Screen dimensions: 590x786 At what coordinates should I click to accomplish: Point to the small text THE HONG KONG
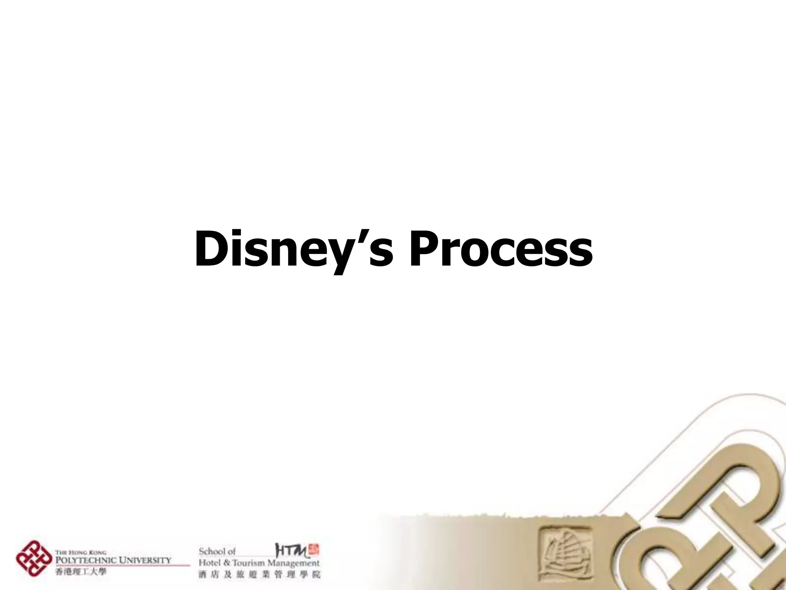81,553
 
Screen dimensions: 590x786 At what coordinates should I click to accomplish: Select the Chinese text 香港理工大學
81,572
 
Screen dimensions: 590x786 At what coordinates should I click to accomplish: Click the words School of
217,551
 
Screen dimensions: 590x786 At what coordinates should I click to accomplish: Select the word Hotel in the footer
210,563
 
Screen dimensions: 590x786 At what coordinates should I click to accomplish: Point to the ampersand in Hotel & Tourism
225,563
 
